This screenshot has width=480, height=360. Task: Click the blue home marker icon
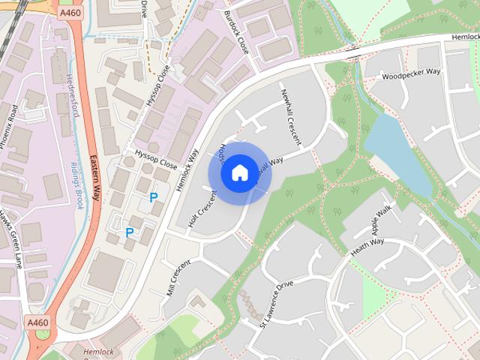(x=238, y=173)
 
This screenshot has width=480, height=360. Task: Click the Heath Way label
(x=367, y=247)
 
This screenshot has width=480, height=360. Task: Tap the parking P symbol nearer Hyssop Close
(x=153, y=198)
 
